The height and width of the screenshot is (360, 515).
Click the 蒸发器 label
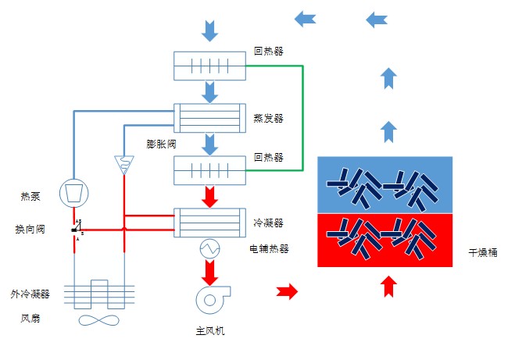(x=268, y=119)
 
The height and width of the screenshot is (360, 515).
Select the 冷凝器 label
(x=268, y=223)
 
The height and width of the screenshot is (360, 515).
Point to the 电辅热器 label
(x=268, y=248)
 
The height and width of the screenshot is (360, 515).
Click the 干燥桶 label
(x=483, y=253)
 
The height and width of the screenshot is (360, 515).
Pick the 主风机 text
(x=210, y=330)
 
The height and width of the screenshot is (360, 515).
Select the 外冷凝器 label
(x=30, y=294)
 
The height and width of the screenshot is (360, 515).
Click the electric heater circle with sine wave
(x=210, y=249)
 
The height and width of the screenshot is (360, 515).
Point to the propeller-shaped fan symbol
(x=98, y=320)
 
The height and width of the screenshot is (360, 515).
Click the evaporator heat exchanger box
(x=209, y=118)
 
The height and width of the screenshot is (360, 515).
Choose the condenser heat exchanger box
(x=209, y=222)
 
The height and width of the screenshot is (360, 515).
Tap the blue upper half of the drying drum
(x=385, y=184)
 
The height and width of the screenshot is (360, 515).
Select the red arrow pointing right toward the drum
(x=288, y=292)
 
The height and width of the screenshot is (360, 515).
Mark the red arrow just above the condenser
(x=209, y=195)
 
